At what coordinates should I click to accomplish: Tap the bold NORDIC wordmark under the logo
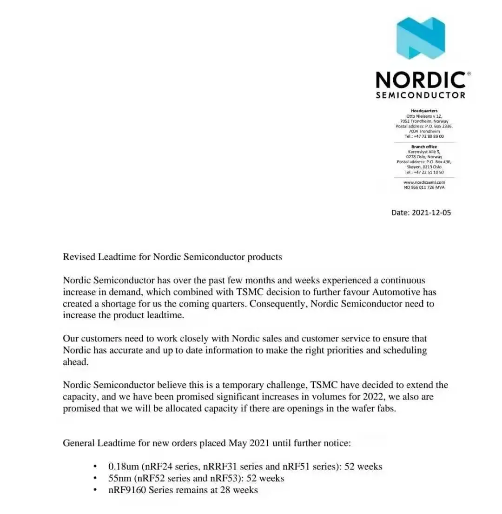click(420, 80)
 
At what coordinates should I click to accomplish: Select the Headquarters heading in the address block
click(424, 111)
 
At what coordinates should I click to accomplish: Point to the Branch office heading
click(424, 147)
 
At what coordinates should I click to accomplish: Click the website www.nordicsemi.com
click(424, 182)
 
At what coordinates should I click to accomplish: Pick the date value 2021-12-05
click(431, 213)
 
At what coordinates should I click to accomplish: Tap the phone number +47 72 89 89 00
click(428, 136)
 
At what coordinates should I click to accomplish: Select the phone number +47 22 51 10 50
click(428, 172)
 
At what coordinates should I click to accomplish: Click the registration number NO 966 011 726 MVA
click(424, 187)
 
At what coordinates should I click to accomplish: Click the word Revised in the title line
click(79, 257)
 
